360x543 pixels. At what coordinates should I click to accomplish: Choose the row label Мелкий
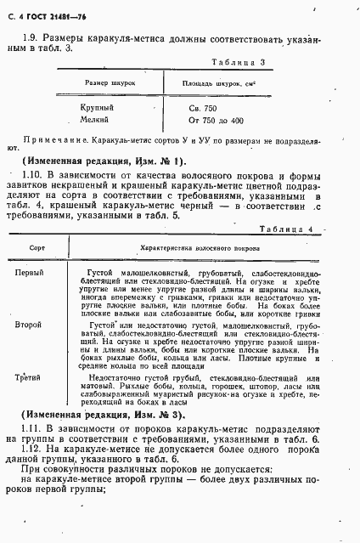94,121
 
